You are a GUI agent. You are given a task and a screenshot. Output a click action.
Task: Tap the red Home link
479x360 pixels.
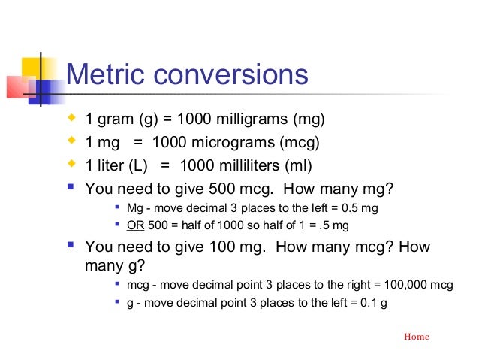tap(417, 337)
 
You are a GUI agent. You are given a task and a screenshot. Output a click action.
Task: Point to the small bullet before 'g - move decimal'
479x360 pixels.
tap(117, 304)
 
